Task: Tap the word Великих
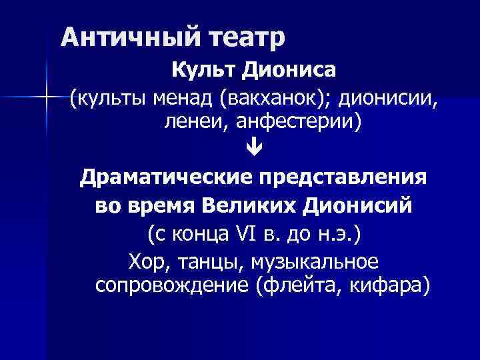pos(248,206)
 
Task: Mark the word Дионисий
pos(358,206)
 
